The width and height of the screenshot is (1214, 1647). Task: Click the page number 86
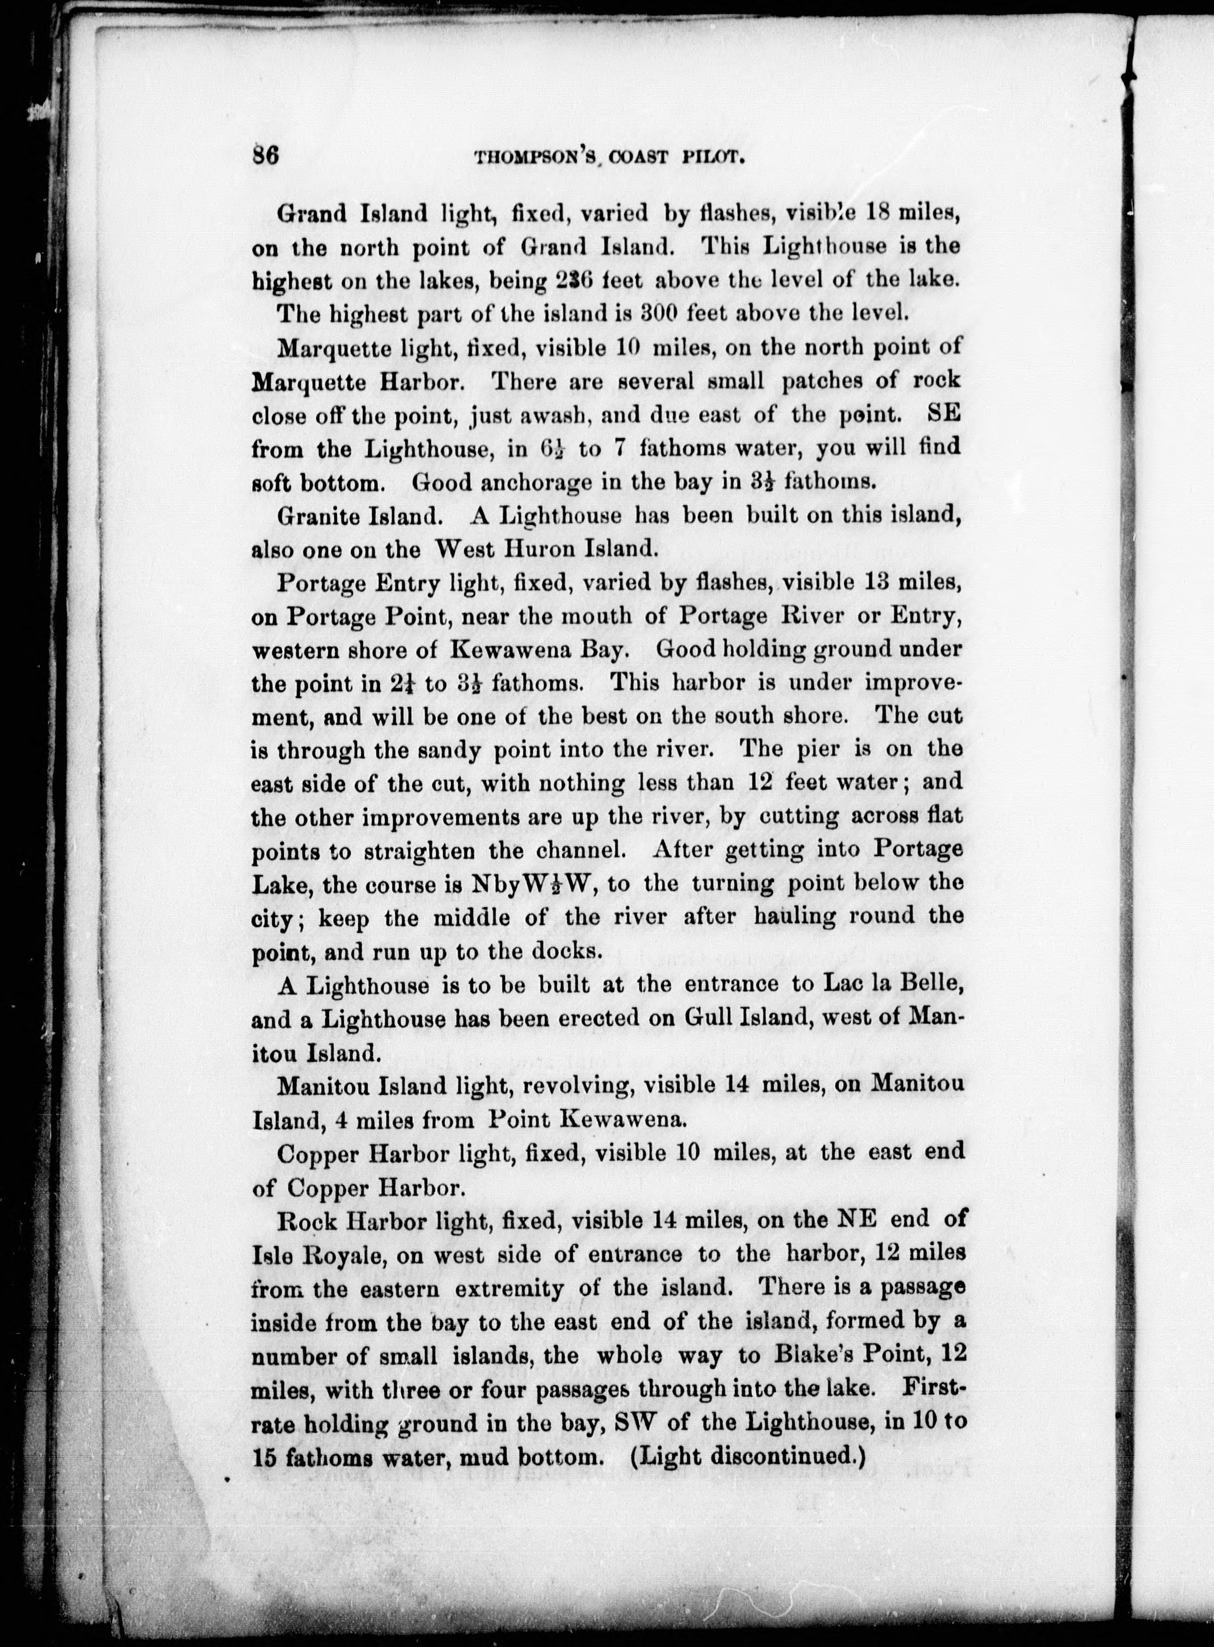265,157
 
